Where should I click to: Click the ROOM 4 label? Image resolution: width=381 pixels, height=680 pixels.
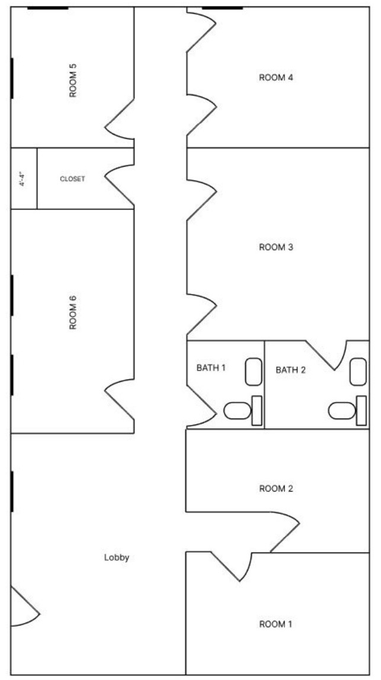point(276,78)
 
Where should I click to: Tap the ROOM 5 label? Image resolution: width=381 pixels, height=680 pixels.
point(73,80)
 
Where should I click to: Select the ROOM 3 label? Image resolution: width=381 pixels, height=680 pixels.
point(276,247)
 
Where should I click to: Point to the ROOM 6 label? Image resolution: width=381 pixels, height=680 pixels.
point(73,312)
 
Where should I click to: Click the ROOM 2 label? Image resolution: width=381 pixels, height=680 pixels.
point(276,489)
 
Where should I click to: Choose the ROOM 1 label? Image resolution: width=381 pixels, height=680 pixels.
point(276,624)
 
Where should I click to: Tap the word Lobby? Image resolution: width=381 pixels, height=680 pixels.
point(117,557)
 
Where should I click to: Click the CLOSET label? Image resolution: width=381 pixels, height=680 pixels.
point(72,178)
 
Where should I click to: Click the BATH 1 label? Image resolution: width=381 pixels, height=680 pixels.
point(211,368)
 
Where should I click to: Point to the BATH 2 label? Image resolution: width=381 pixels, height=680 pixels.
point(290,370)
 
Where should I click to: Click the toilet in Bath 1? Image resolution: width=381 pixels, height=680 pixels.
point(243,410)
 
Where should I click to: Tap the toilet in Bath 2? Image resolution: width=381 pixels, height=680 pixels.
point(348,410)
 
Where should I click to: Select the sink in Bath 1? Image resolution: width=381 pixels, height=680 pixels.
point(254,372)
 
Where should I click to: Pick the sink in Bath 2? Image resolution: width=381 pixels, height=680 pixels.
point(358,372)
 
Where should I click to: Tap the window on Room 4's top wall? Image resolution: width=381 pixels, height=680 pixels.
point(222,8)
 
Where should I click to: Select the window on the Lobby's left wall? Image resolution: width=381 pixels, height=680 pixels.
point(12,491)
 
